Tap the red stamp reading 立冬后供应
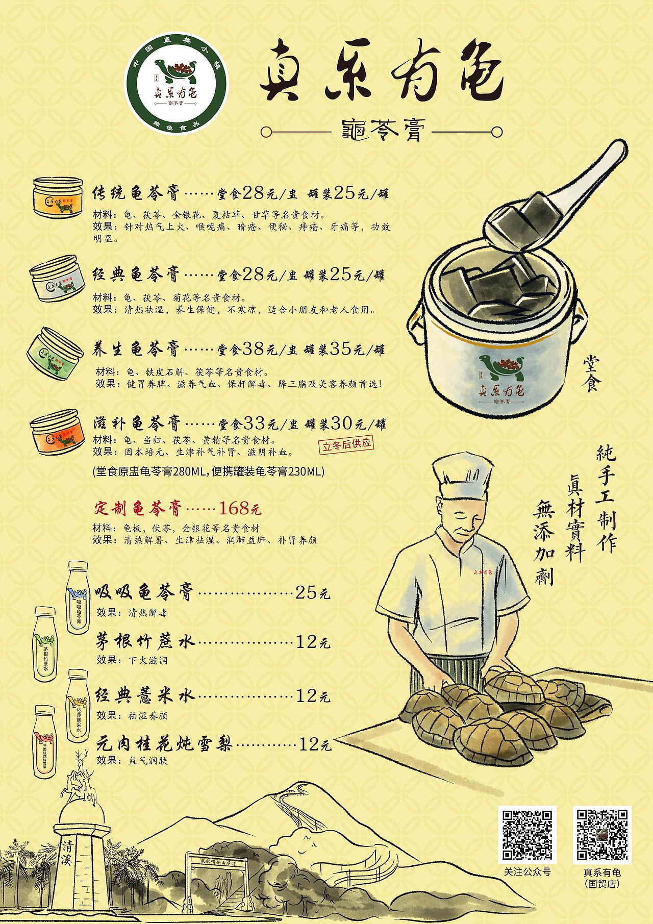click(x=346, y=445)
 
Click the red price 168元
click(x=240, y=508)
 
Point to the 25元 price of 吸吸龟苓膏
click(x=313, y=593)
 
